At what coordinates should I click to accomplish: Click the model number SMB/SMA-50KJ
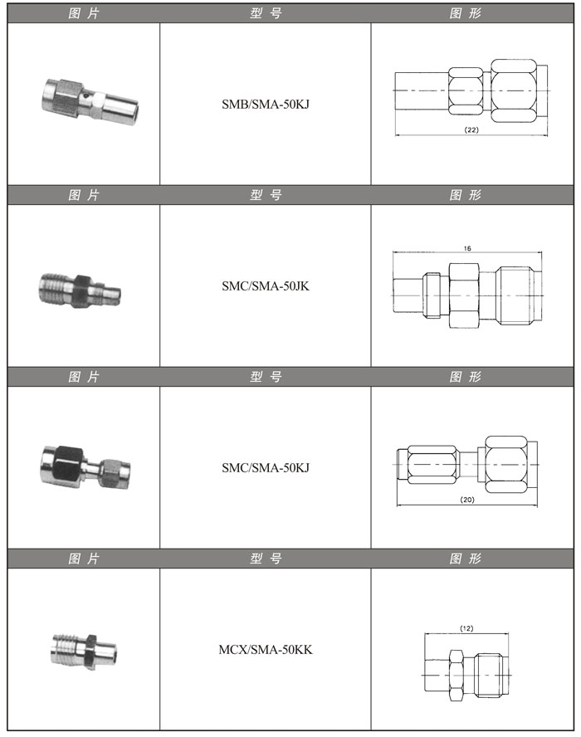click(266, 104)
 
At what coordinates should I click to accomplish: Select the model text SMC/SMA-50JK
click(266, 286)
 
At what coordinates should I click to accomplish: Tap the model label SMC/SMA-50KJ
click(266, 467)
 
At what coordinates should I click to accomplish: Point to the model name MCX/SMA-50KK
click(266, 650)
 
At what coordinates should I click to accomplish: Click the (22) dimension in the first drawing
click(471, 129)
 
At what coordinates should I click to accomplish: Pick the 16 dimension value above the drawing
click(467, 248)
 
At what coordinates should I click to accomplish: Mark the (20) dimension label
click(467, 500)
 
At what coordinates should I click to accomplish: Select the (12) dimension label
click(466, 628)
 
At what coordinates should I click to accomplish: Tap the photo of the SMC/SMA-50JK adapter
click(80, 290)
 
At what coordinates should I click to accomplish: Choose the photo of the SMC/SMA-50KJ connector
click(85, 467)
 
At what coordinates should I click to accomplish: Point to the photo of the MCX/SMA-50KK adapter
click(84, 650)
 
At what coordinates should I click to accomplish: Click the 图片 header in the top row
click(84, 13)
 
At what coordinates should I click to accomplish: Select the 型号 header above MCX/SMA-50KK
click(266, 559)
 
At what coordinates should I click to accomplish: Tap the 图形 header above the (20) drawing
click(466, 377)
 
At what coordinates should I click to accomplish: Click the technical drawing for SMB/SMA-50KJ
click(471, 98)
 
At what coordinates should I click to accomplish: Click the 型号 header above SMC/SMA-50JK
click(266, 194)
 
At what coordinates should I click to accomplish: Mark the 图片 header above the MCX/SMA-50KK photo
click(84, 559)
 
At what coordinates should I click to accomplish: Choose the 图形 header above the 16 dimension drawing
click(466, 194)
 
